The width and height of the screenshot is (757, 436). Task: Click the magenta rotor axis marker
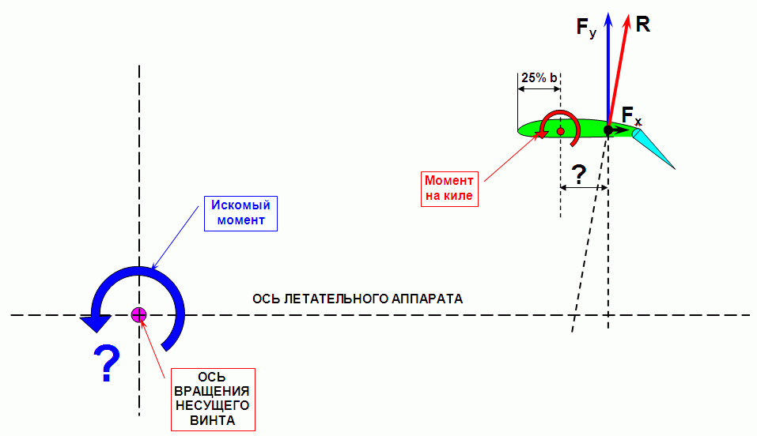coord(139,315)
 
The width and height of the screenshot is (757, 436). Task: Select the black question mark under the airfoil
coord(579,175)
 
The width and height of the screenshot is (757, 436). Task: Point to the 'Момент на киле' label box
coord(450,187)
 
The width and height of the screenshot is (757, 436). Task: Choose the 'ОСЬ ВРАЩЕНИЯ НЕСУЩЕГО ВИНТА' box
coord(213,399)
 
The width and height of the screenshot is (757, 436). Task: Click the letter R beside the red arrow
coord(643,24)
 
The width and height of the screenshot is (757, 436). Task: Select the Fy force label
coord(586,29)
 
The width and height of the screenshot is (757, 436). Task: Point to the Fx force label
coord(631,116)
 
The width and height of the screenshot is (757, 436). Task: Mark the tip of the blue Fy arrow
coord(608,13)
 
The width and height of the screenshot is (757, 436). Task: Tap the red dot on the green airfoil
coord(560,130)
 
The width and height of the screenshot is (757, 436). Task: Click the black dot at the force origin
coord(608,130)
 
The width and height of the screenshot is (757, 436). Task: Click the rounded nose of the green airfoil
coord(520,128)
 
